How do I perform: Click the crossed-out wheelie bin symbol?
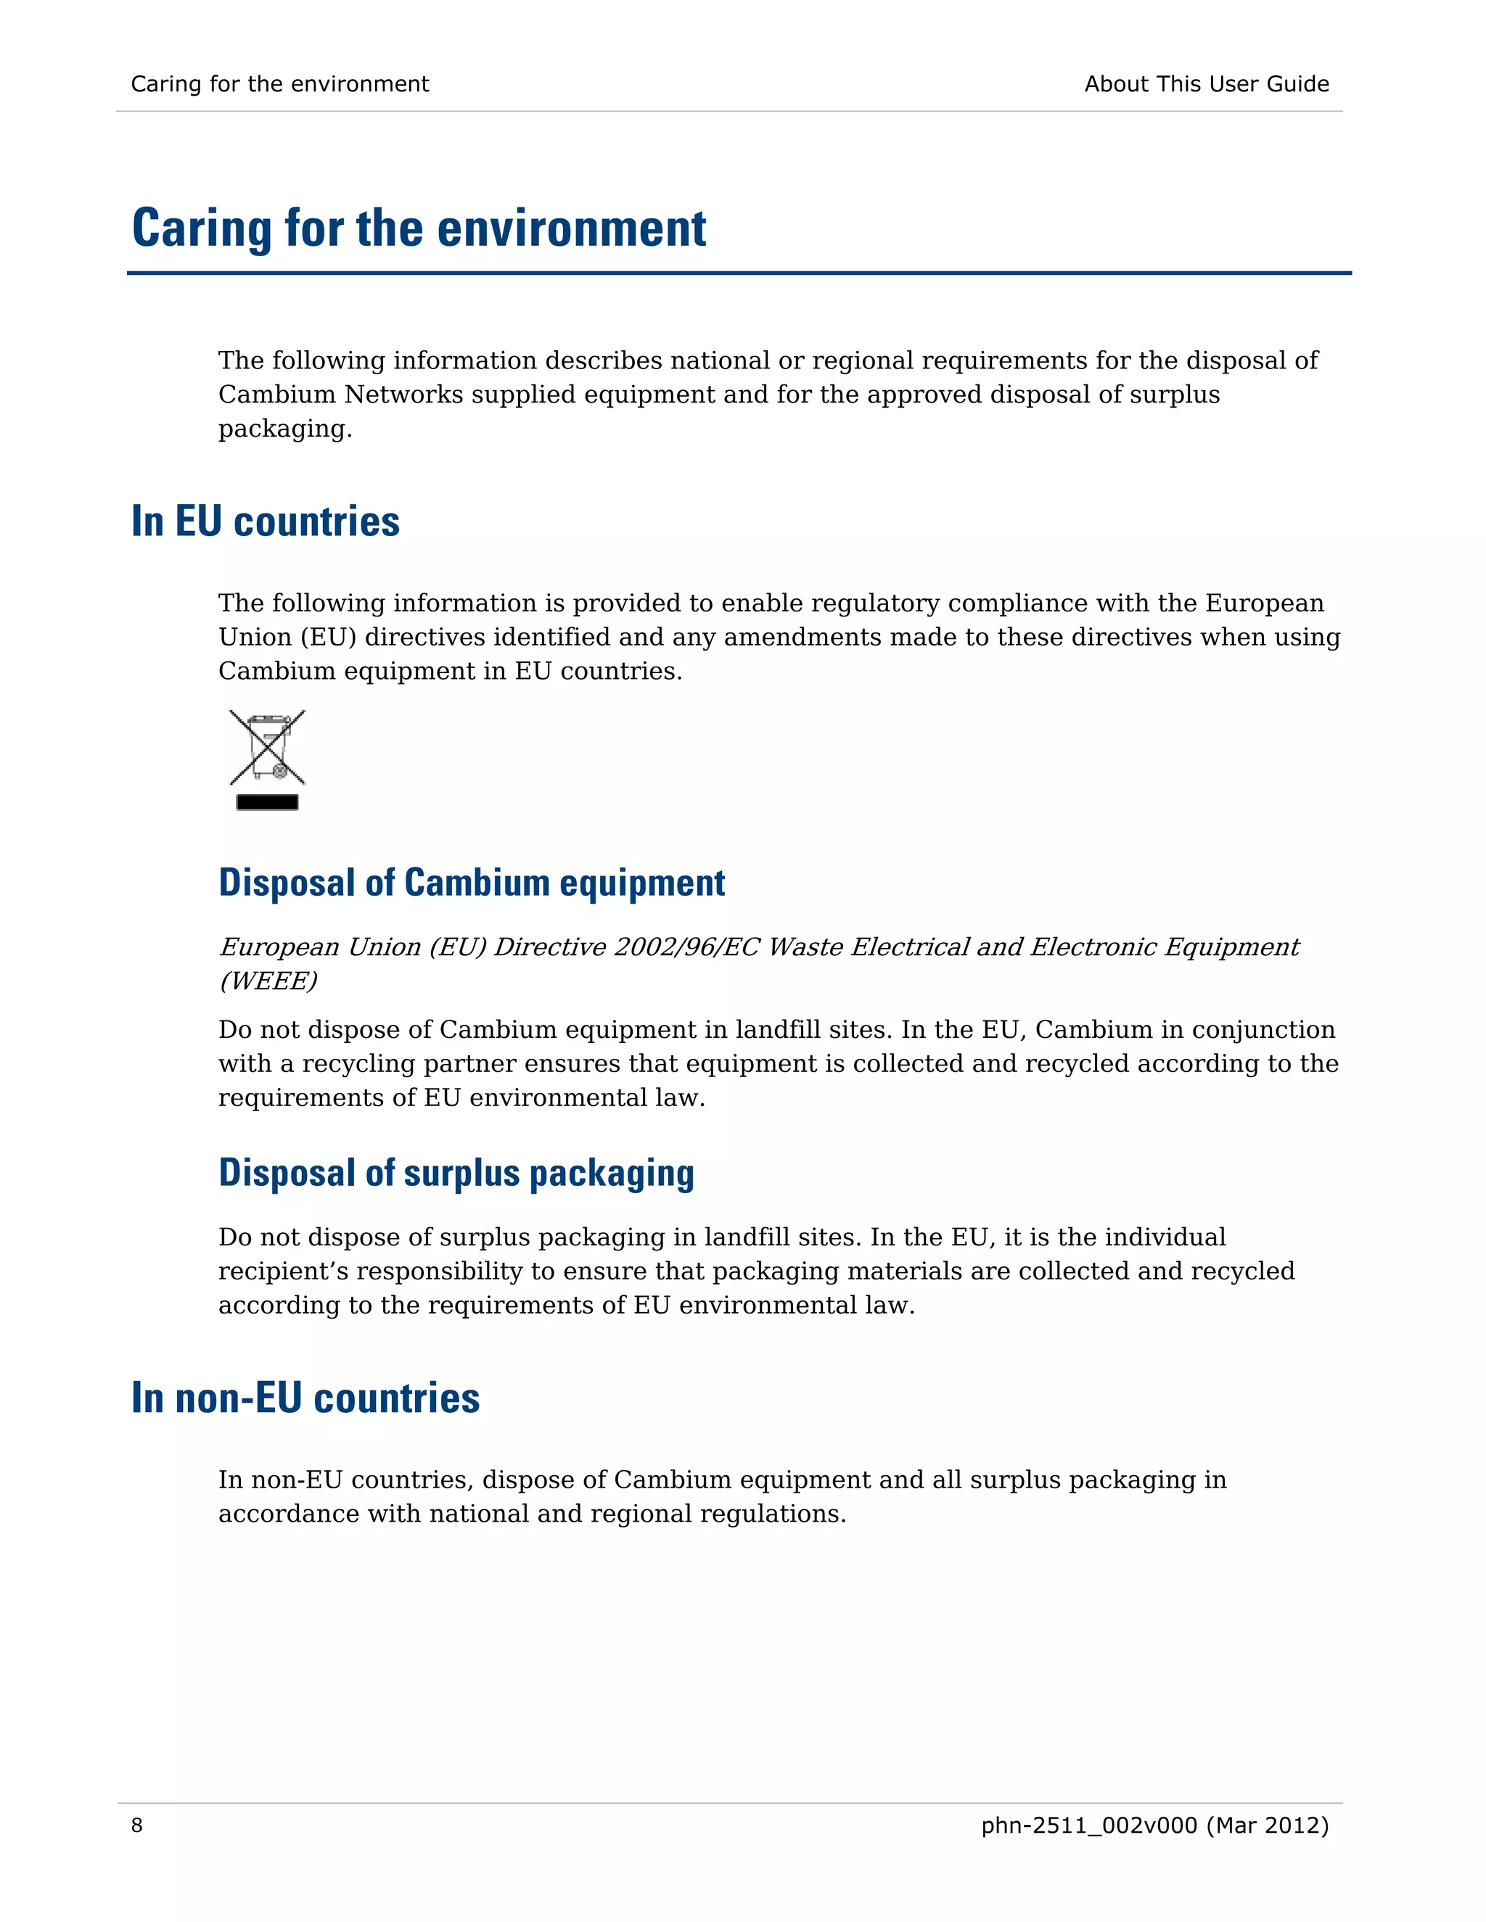[x=267, y=747]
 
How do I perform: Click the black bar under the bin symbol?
[x=267, y=801]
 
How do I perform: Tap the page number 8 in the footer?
[x=136, y=1826]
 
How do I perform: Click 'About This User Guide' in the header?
[x=1206, y=84]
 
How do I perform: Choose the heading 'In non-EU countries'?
[x=305, y=1398]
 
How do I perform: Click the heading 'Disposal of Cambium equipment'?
[x=472, y=883]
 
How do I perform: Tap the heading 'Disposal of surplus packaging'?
[x=456, y=1173]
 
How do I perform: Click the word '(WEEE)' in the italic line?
[x=268, y=981]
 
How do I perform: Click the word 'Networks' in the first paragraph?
[x=403, y=395]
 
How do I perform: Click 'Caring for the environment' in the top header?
[x=280, y=84]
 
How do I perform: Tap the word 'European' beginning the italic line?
[x=279, y=947]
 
